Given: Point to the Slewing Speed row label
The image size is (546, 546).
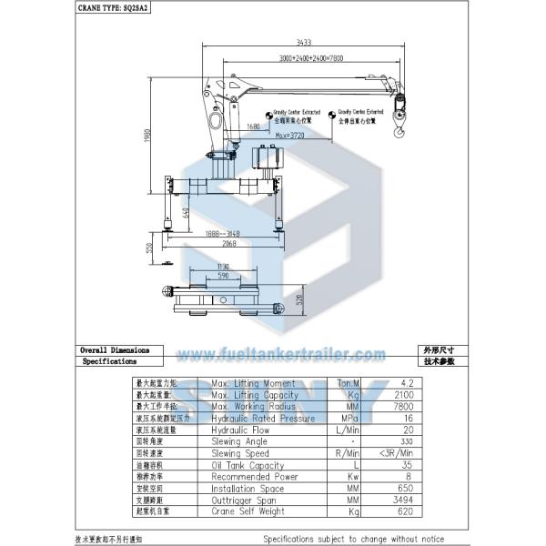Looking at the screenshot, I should click(x=240, y=452).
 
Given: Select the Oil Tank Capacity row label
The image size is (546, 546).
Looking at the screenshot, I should click(x=248, y=464).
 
